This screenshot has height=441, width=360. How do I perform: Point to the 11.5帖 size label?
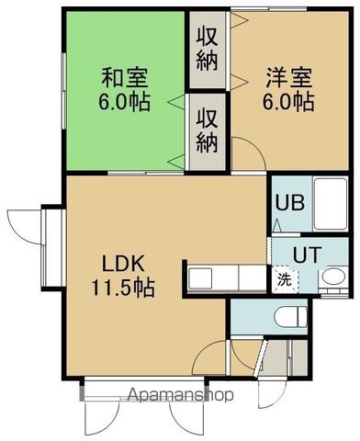click(x=122, y=288)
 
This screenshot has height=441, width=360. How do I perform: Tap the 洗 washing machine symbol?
click(x=283, y=277)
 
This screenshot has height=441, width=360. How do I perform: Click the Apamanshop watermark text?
click(x=181, y=396)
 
